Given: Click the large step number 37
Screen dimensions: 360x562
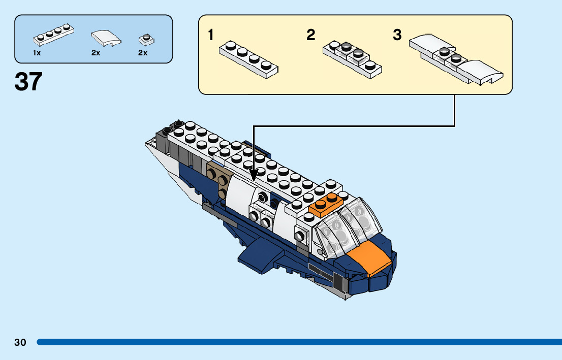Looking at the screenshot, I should [x=28, y=81].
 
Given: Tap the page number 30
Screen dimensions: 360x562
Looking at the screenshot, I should [x=20, y=342].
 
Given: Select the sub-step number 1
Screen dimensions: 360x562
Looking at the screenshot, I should [x=211, y=35].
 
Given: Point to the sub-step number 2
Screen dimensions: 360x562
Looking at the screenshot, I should [x=311, y=35].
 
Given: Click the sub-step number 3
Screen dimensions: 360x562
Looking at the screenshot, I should [x=397, y=35].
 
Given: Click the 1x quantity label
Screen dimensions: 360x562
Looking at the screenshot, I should [x=37, y=53].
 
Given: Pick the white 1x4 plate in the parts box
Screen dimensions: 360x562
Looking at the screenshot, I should [x=54, y=35].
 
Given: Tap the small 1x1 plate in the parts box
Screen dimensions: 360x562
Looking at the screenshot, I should [x=146, y=39].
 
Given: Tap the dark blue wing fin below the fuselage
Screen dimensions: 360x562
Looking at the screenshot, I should [x=259, y=254].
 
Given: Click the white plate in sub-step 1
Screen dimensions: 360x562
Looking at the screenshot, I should [x=249, y=58].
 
